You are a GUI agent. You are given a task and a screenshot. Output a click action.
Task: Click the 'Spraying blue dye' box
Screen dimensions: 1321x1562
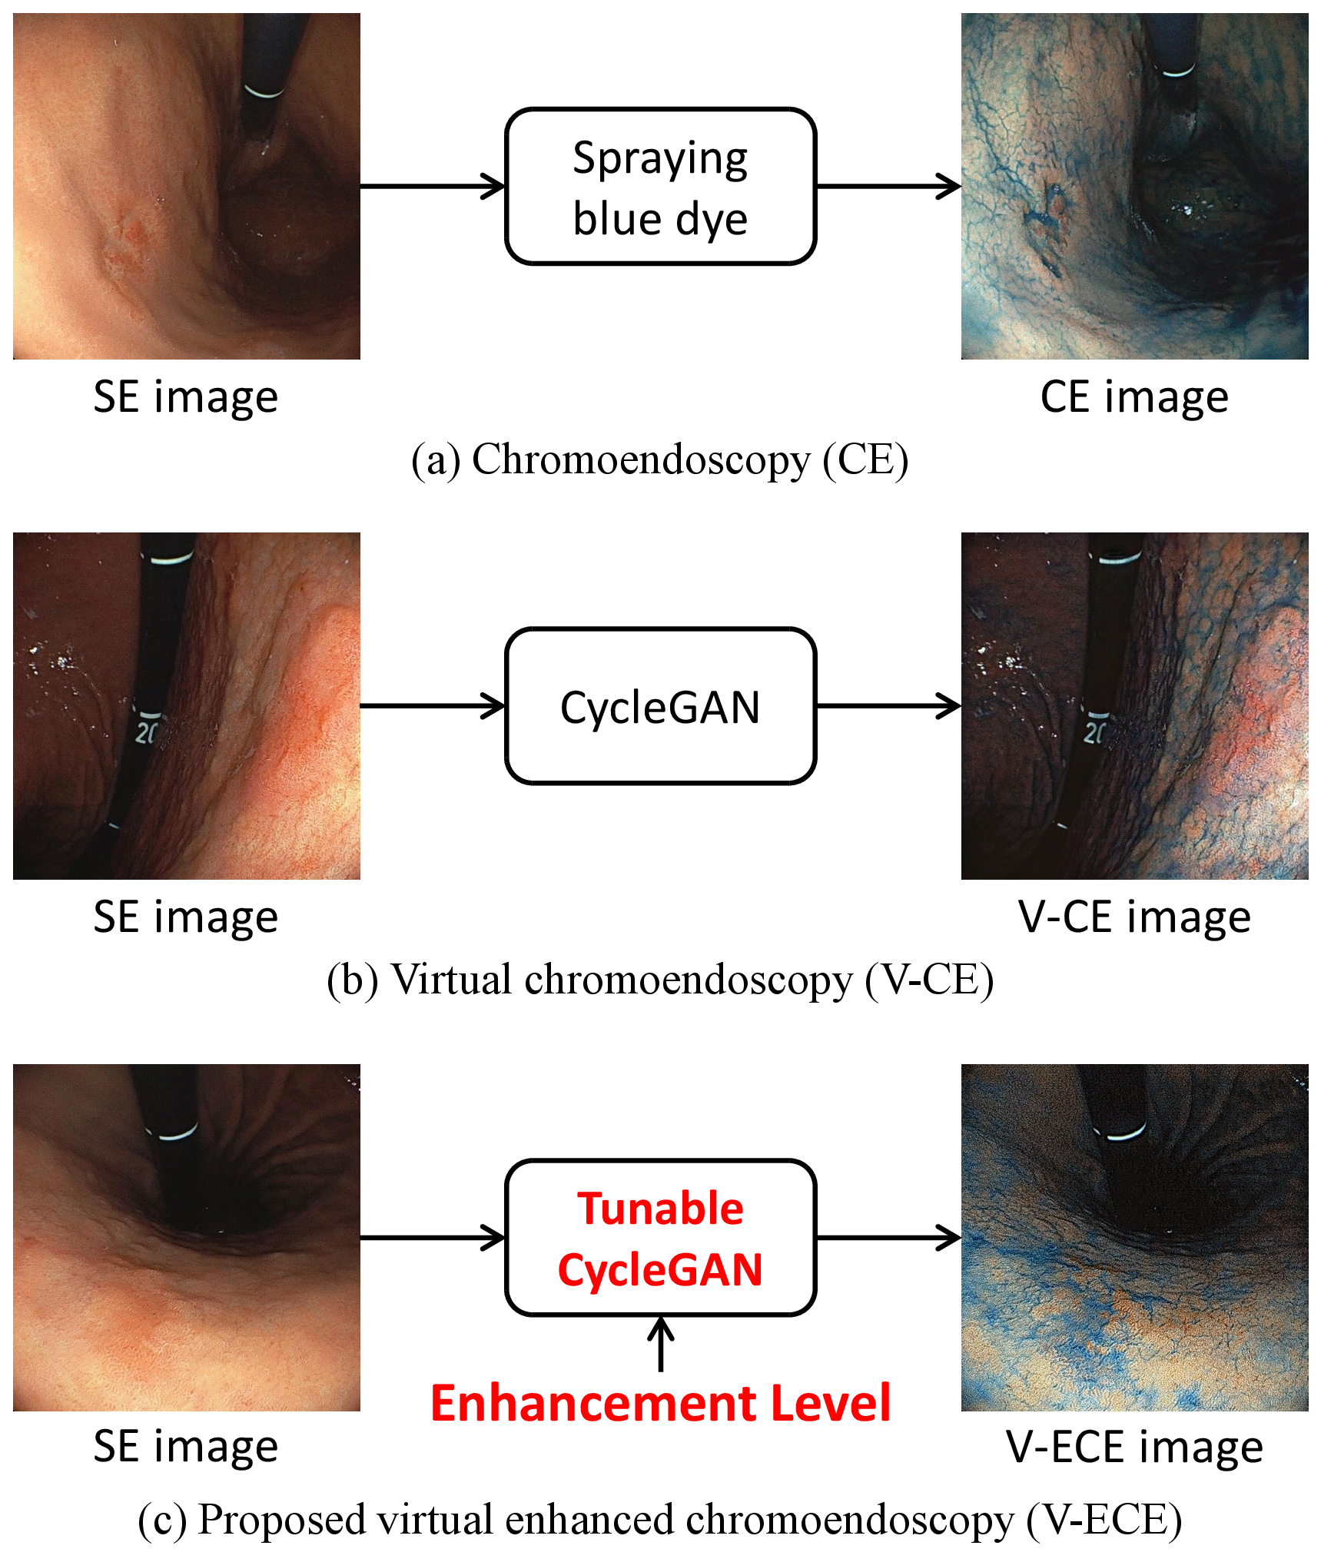(660, 187)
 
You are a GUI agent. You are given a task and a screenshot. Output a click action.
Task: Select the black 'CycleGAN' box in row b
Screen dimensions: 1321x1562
(660, 706)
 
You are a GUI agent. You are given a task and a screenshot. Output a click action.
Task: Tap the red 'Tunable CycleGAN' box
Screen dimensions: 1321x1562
(660, 1238)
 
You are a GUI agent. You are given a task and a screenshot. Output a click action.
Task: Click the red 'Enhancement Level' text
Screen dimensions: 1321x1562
(660, 1403)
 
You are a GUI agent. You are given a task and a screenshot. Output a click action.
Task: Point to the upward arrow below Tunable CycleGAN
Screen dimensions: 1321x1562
(660, 1344)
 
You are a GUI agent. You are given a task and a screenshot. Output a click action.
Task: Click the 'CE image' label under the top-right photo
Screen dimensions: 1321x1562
(1134, 397)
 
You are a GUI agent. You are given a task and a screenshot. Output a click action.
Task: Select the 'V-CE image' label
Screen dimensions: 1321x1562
(1134, 917)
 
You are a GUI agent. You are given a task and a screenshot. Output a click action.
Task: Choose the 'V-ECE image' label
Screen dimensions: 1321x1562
(1134, 1448)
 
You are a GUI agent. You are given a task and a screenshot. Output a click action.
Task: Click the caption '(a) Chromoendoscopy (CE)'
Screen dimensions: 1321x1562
(660, 460)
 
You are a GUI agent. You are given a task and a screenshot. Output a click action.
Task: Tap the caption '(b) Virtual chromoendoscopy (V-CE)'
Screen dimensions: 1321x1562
(660, 980)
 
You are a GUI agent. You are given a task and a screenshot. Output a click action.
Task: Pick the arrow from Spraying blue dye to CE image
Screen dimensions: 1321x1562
(889, 186)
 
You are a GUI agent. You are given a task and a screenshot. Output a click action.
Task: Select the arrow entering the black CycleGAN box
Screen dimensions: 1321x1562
(433, 706)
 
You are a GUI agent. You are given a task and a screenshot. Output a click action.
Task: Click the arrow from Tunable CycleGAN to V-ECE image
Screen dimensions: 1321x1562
(889, 1238)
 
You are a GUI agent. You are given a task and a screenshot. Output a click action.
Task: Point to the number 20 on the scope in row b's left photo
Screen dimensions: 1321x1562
(146, 733)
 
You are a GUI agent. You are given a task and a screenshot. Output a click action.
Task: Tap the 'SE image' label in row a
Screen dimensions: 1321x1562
(186, 397)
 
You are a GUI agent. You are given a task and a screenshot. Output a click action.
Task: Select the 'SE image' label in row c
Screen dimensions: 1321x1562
(186, 1448)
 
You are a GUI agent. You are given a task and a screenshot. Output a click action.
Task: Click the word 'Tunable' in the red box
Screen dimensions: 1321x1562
(660, 1209)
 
